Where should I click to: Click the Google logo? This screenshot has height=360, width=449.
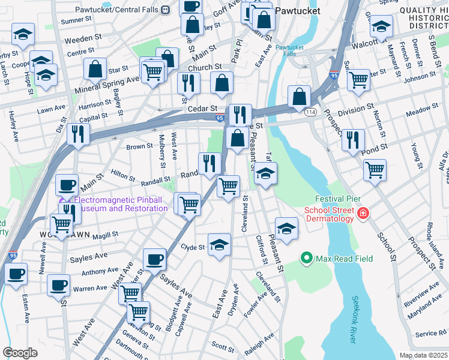[20, 353]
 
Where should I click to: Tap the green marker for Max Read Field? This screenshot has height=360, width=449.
[307, 259]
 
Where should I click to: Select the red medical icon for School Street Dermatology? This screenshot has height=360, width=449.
[363, 213]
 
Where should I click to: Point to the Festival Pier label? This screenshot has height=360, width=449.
[337, 199]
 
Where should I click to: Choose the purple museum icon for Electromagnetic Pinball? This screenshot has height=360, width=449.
[63, 201]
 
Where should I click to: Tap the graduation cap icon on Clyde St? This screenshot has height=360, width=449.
[219, 244]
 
